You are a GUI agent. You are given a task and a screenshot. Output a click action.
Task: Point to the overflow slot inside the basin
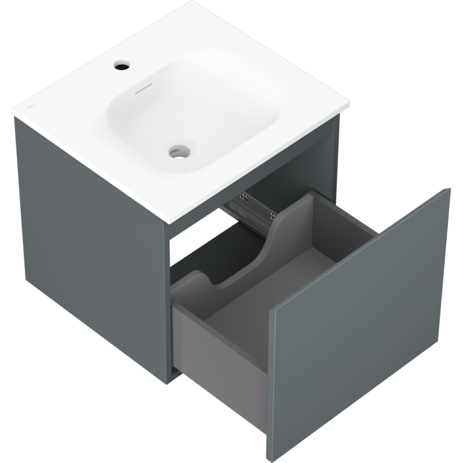click(143, 90)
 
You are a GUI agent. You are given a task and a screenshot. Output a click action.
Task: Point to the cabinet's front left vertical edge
click(168, 301)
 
